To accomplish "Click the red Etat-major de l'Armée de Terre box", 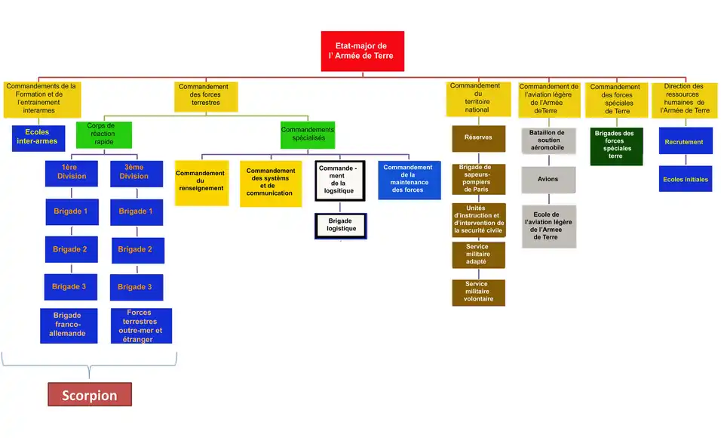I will pyautogui.click(x=362, y=51).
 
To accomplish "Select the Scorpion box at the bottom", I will pyautogui.click(x=90, y=395).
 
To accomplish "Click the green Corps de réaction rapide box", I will pyautogui.click(x=104, y=134).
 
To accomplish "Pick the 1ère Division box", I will pyautogui.click(x=71, y=172).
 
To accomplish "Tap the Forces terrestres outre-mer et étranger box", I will pyautogui.click(x=140, y=325).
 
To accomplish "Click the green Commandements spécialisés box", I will pyautogui.click(x=308, y=134).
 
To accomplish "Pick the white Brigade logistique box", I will pyautogui.click(x=341, y=225).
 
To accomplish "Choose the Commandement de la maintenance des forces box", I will pyautogui.click(x=409, y=180).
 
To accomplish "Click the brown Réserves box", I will pyautogui.click(x=478, y=138).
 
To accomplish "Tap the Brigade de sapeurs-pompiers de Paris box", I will pyautogui.click(x=478, y=178).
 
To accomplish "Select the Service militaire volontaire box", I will pyautogui.click(x=478, y=291).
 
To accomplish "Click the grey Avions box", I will pyautogui.click(x=548, y=180).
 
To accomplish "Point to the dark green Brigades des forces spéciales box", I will pyautogui.click(x=615, y=147).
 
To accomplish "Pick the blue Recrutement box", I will pyautogui.click(x=685, y=141).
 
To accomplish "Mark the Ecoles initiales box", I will pyautogui.click(x=685, y=179).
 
